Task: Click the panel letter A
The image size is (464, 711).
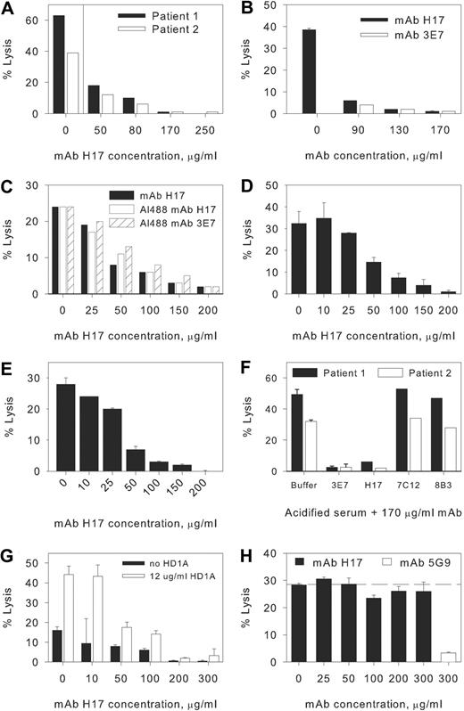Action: click(x=8, y=9)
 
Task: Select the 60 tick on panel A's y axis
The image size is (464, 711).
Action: click(x=26, y=17)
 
